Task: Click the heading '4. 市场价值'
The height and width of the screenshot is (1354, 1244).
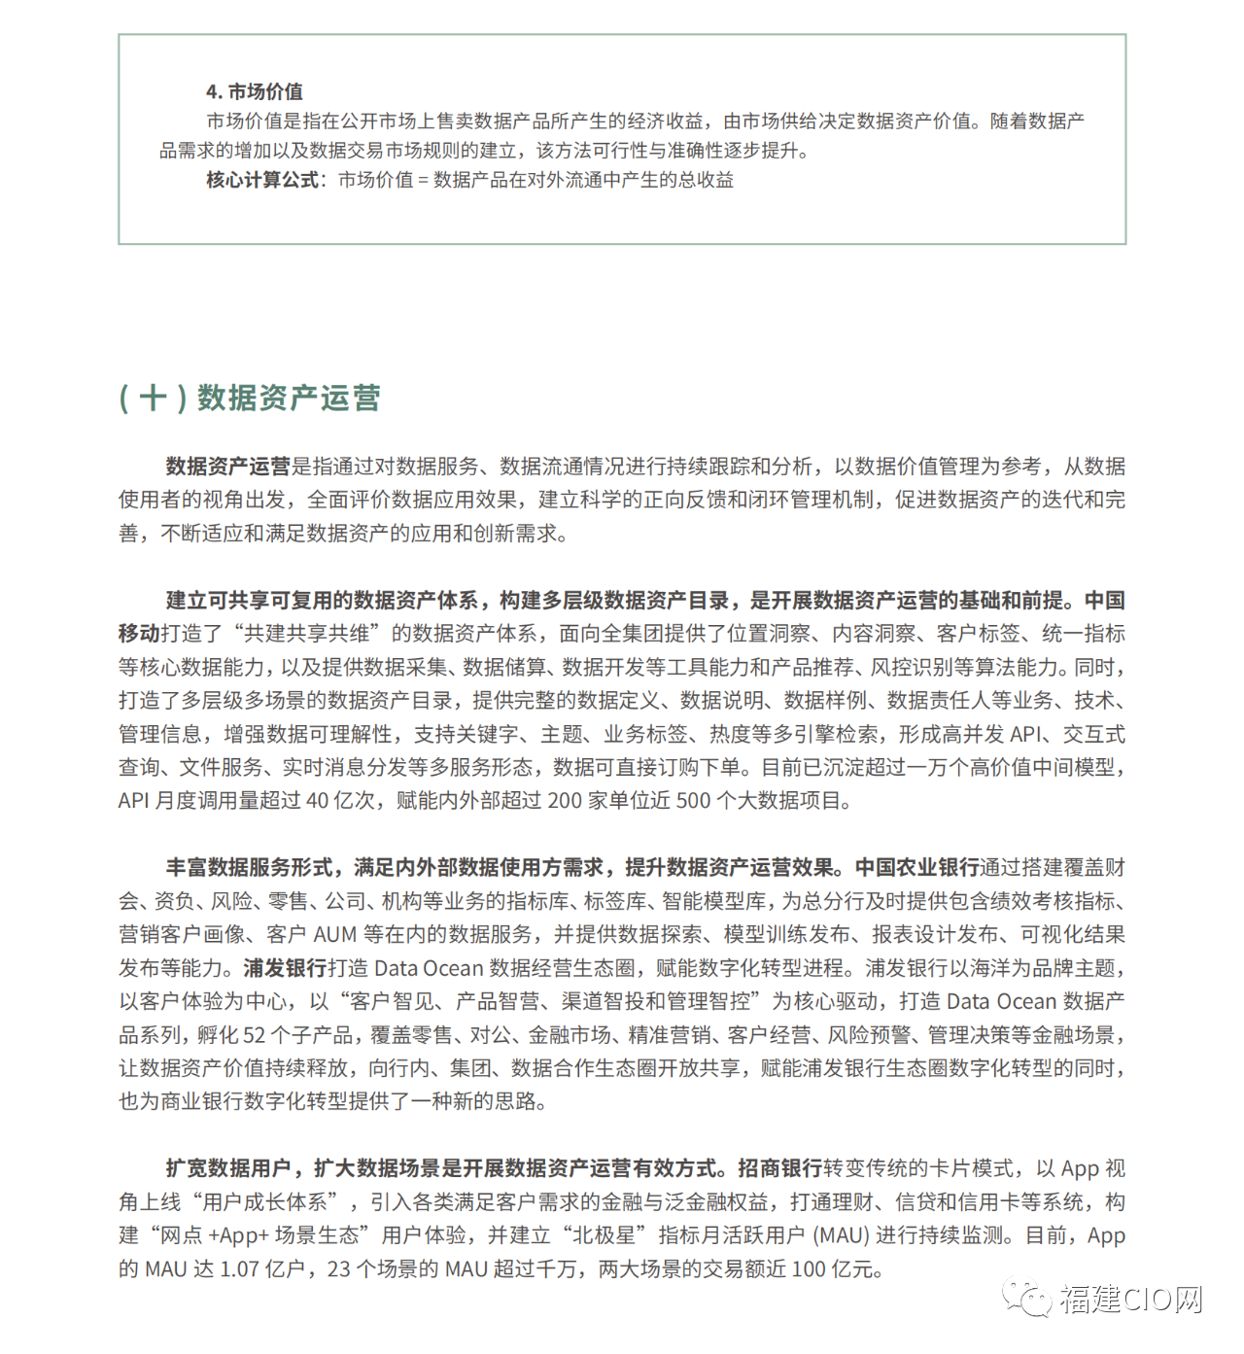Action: point(254,91)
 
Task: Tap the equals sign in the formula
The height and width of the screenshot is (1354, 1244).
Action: point(423,181)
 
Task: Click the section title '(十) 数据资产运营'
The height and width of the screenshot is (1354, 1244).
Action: point(249,398)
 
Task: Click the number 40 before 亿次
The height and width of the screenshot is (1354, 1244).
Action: point(317,801)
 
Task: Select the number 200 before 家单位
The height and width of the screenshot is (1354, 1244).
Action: point(565,801)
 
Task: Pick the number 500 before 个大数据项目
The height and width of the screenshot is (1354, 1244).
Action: point(693,801)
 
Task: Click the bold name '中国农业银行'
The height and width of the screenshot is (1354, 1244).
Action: point(916,867)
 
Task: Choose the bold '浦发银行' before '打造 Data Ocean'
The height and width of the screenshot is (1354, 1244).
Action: point(285,968)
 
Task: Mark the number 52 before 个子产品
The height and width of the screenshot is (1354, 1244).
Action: point(254,1035)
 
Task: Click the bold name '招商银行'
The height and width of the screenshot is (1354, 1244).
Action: point(779,1168)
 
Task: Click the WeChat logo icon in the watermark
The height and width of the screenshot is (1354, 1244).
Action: point(1027,1298)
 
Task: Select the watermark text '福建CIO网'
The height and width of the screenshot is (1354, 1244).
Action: point(1131,1299)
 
